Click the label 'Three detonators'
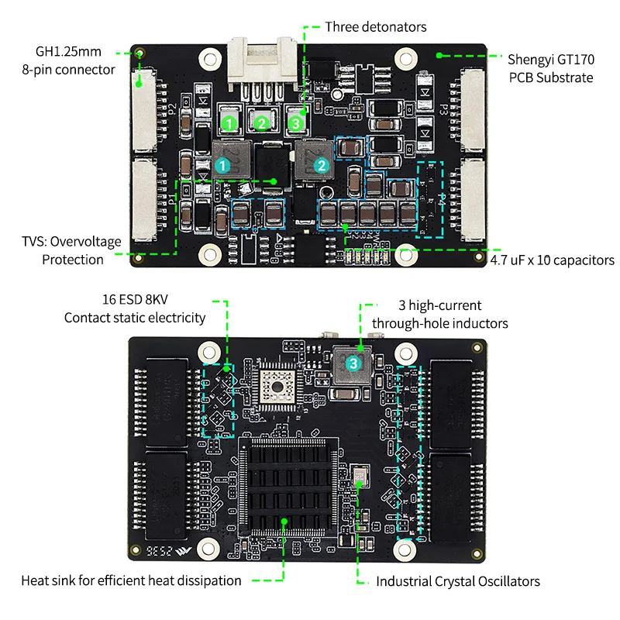click(x=375, y=27)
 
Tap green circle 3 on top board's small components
click(x=294, y=122)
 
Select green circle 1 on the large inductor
click(x=222, y=165)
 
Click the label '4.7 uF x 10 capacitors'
click(x=553, y=260)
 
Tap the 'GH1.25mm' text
click(x=67, y=52)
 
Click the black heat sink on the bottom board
click(x=285, y=485)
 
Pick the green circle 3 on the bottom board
click(x=353, y=362)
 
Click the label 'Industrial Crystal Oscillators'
click(x=458, y=580)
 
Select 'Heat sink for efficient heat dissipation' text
click(x=131, y=580)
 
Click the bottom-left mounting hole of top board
click(x=208, y=253)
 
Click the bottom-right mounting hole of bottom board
click(x=405, y=549)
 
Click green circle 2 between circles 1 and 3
click(x=261, y=122)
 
